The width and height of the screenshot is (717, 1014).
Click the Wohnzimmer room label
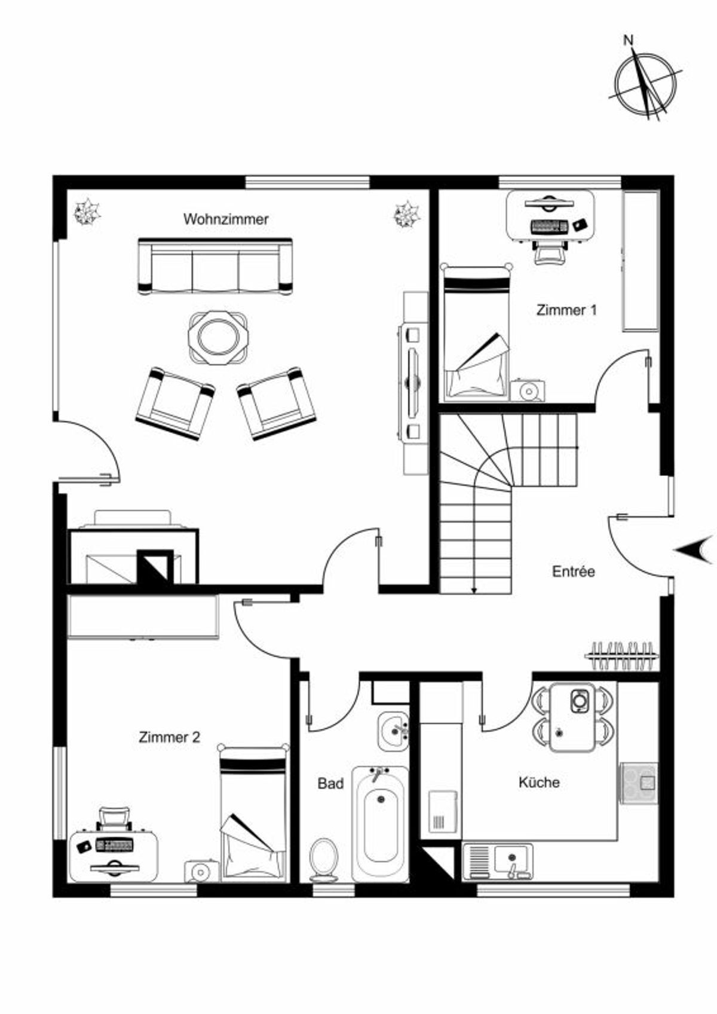coord(226,219)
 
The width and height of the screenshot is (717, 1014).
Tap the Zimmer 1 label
coord(567,310)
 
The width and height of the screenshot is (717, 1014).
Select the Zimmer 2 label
coord(169,737)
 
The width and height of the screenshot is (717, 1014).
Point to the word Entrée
coord(574,572)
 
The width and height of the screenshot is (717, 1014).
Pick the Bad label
coord(330,783)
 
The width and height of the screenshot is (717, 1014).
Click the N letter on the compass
coord(629,40)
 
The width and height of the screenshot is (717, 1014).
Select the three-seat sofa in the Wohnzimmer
coord(215,267)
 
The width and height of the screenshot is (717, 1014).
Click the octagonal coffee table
coord(218,337)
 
